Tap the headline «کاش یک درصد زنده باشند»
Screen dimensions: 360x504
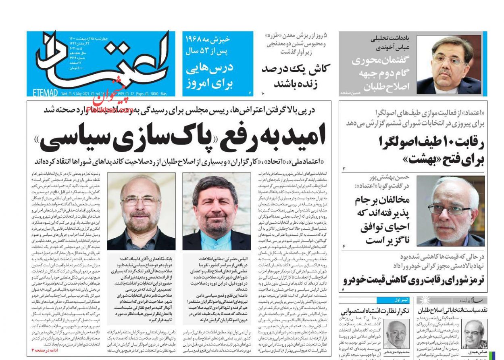[x=295, y=76]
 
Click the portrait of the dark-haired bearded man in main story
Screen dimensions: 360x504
[x=217, y=211]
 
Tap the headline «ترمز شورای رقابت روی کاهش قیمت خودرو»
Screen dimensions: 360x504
[x=414, y=280]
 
